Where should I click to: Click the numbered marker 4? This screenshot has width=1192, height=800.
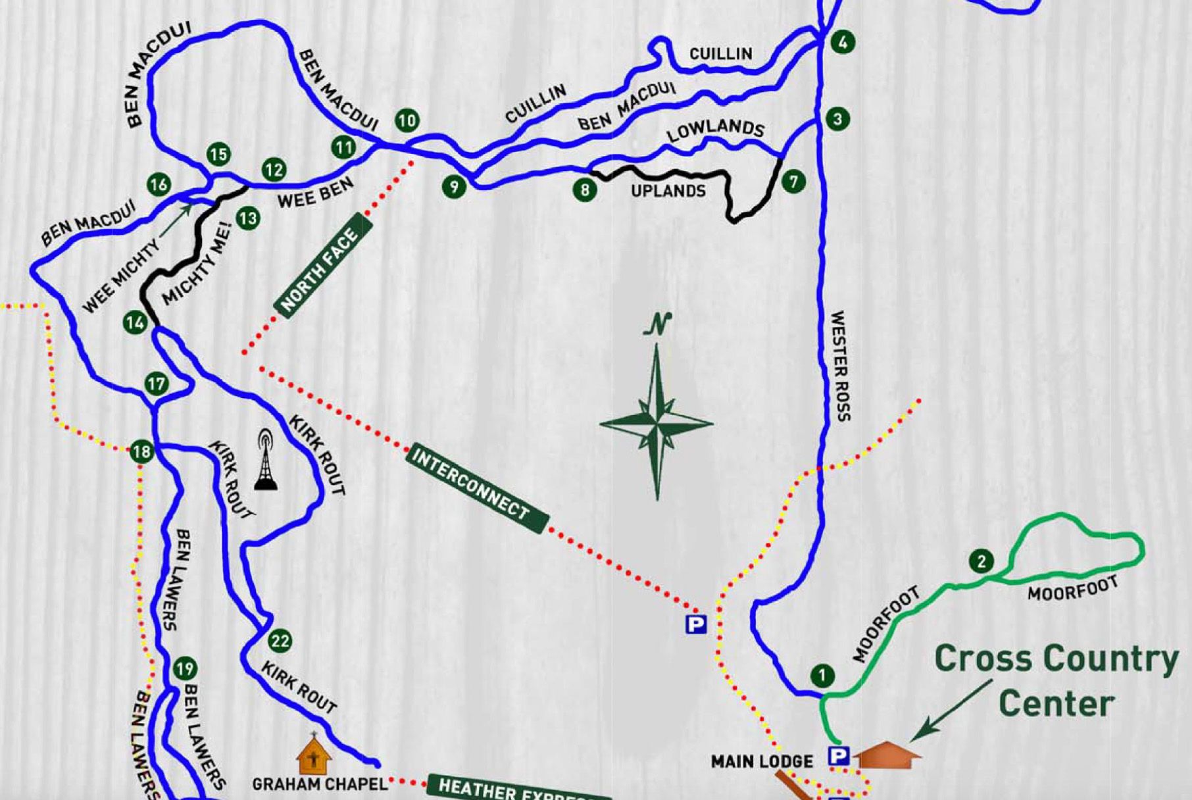(843, 43)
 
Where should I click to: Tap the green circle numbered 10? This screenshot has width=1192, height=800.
(407, 120)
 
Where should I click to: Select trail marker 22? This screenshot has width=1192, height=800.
(280, 641)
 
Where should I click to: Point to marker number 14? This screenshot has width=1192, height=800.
(136, 322)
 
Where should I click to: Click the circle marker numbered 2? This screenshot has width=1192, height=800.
(981, 561)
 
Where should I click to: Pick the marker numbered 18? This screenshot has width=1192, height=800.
(141, 452)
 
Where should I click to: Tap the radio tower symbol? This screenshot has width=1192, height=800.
(265, 460)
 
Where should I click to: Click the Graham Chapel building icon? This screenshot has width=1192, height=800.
(313, 756)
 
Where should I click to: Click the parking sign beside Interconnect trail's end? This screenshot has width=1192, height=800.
(695, 624)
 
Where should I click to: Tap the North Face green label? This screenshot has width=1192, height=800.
(323, 266)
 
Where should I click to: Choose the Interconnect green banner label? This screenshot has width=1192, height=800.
(477, 488)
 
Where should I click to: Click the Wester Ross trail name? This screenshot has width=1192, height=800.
(840, 366)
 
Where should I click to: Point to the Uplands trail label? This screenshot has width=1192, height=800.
(668, 191)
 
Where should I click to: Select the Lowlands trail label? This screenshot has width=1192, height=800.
(715, 130)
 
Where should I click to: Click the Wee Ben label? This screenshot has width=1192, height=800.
(315, 192)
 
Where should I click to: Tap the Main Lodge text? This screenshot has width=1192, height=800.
(762, 762)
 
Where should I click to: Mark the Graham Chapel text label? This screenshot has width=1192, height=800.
(320, 784)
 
